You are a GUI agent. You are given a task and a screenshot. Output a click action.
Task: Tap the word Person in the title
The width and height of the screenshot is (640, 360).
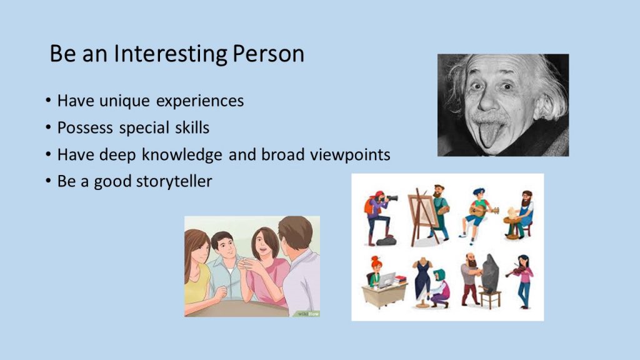click(268, 54)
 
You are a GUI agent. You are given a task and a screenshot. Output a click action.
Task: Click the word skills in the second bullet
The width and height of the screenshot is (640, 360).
click(192, 127)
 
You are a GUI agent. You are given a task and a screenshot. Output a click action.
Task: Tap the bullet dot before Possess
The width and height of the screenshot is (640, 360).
click(48, 127)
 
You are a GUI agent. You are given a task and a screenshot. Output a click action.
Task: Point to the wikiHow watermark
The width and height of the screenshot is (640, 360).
click(308, 314)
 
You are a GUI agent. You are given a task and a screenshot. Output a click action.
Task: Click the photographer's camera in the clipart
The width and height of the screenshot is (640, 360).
click(390, 198)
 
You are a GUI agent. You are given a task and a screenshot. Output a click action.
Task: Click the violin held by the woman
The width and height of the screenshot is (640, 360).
click(515, 271)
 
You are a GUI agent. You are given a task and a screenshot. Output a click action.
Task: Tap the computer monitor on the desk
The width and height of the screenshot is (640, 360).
click(386, 279)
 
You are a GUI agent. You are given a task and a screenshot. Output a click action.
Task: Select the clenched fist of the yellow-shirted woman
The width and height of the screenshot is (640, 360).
click(221, 292)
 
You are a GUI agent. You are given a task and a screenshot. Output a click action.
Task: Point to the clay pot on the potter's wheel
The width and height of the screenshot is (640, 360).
click(512, 213)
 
